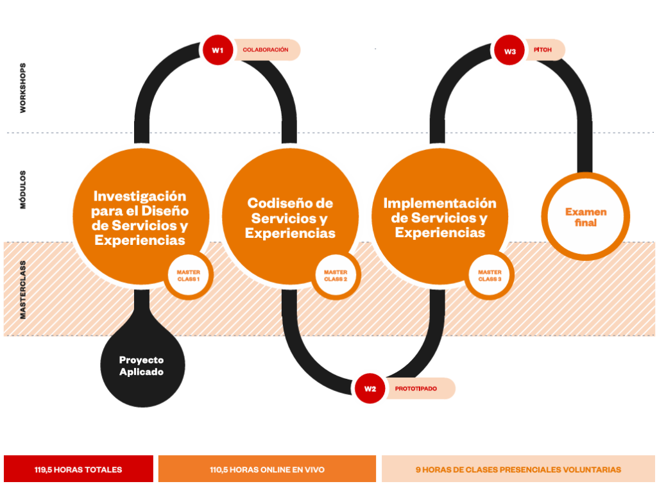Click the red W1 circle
218,50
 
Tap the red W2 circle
370,388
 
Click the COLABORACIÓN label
266,50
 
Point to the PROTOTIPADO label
416,388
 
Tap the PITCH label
543,50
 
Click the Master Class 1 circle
188,276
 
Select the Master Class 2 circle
336,276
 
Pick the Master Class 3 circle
490,276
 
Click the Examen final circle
586,217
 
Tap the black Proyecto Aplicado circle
142,365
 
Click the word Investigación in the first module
139,196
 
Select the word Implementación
440,203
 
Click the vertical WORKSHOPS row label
22,88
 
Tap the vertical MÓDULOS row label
22,190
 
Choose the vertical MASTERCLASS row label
22,290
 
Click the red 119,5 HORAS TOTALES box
78,469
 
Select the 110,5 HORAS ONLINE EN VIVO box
267,469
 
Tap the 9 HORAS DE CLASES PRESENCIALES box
518,469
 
